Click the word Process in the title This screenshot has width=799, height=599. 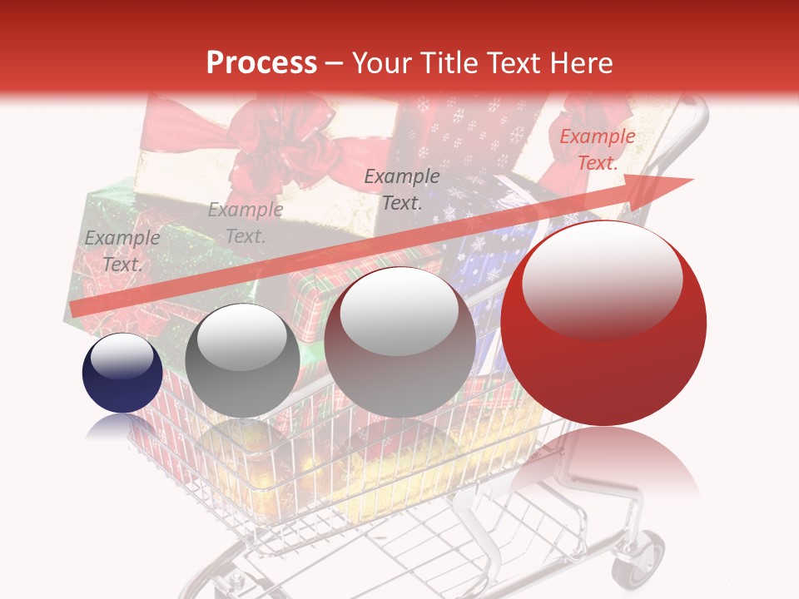[x=261, y=63]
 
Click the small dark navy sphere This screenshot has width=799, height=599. [x=122, y=374]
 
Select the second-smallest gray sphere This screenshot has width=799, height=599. [x=242, y=360]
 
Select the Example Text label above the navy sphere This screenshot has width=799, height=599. [x=122, y=250]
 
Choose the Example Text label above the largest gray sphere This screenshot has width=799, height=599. [x=402, y=189]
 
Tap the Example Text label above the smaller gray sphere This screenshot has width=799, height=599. [x=245, y=222]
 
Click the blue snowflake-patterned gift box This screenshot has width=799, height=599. [x=483, y=241]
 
